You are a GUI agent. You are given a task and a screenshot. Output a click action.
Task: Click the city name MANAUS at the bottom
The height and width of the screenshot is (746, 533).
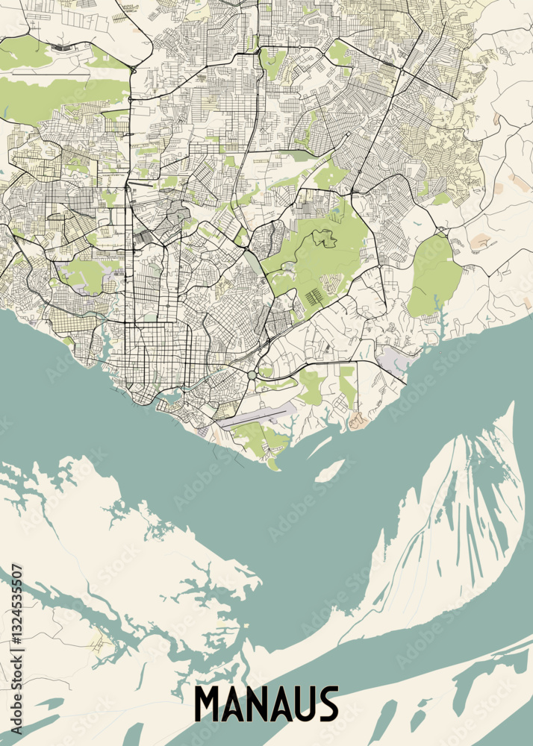click(x=266, y=704)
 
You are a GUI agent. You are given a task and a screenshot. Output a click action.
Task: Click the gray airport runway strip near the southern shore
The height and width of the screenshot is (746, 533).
click(x=254, y=417)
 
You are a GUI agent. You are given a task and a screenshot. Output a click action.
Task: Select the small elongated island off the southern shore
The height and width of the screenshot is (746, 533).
click(x=329, y=470)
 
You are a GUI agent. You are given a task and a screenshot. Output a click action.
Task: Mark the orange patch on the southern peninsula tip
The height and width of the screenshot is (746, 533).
click(x=358, y=421)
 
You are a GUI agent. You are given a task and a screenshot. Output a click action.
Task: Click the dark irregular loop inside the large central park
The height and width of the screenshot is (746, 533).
click(x=324, y=239)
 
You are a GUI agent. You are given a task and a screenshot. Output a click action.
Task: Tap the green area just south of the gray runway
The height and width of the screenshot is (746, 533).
click(x=258, y=437)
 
